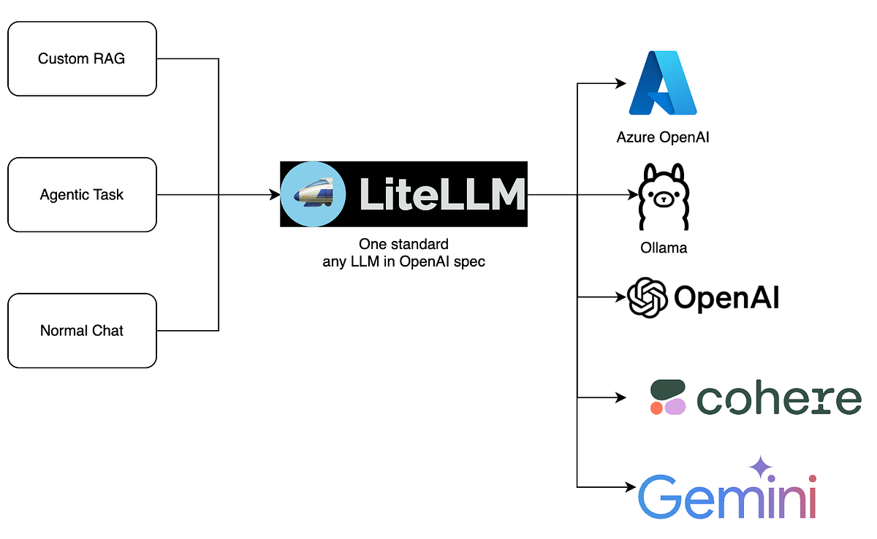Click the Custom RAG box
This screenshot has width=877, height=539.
pos(82,58)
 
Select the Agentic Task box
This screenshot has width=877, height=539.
pos(82,195)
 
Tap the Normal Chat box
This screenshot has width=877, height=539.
pos(82,331)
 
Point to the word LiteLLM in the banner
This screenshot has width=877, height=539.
pos(442,195)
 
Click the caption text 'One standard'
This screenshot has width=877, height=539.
pos(403,244)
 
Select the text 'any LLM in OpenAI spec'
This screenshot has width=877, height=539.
pos(403,261)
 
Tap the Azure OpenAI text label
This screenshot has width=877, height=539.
pos(663,137)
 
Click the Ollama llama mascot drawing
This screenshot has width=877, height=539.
pos(664,197)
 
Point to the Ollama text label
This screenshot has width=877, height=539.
pos(664,248)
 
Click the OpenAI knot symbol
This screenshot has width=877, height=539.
pos(648,297)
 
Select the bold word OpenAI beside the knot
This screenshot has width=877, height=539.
pos(726,298)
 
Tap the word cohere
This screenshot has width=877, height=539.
pos(779,399)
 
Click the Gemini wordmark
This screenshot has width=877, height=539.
pos(726,496)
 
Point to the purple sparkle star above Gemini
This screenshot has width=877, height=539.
pos(761,467)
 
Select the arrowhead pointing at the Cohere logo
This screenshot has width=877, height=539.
pos(621,398)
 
